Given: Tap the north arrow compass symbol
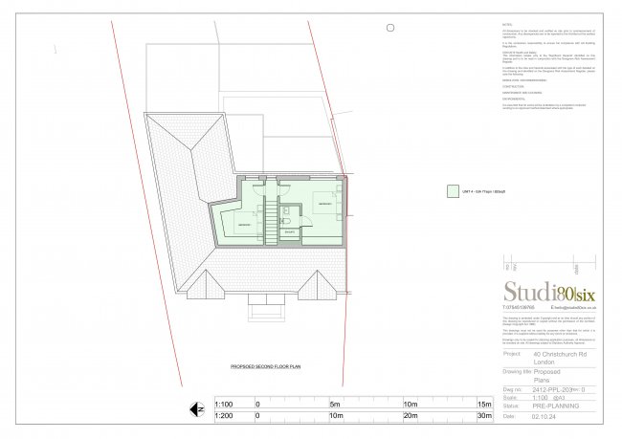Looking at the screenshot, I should pos(199,408).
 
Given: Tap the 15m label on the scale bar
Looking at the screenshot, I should pos(485,403).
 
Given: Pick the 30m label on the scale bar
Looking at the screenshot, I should pos(485,415).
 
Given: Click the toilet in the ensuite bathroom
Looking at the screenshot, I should pos(287,229).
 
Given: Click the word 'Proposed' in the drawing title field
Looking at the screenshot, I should pos(549,373).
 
